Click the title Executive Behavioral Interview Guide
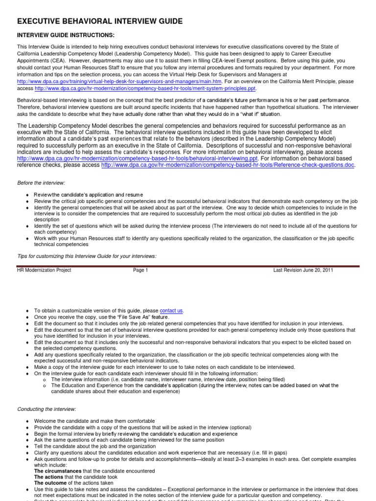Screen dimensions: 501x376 100,21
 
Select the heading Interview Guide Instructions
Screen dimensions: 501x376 66,35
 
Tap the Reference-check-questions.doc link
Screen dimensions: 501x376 228,165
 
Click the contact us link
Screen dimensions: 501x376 171,311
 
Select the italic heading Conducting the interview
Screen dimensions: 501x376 47,409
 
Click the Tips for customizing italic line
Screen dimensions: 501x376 87,256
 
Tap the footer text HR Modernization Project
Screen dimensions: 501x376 44,270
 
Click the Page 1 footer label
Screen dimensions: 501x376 140,270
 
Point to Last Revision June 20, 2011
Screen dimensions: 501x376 303,270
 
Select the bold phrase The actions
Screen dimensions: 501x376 49,477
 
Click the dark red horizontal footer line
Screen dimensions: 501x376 188,266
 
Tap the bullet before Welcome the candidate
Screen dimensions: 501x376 27,421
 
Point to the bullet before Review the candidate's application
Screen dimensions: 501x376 27,195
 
